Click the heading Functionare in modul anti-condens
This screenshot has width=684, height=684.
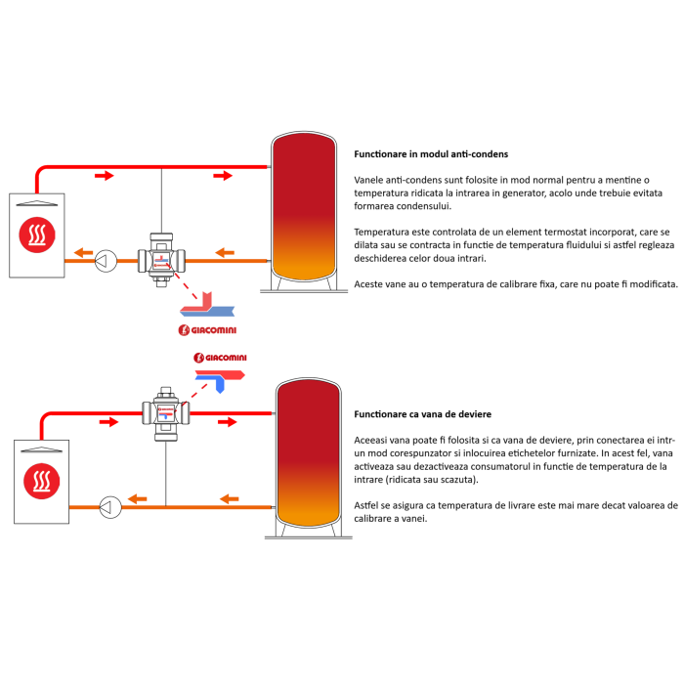[x=431, y=154]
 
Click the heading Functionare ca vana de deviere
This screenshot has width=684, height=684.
[x=423, y=414]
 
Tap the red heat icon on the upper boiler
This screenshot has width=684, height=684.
[x=38, y=235]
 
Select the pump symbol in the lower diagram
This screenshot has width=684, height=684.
[x=110, y=505]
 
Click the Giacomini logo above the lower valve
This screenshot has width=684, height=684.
[x=220, y=359]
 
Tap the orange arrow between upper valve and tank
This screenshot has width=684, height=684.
[x=225, y=253]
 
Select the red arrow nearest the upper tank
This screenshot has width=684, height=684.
[x=224, y=175]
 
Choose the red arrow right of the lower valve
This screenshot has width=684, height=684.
[x=227, y=422]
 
